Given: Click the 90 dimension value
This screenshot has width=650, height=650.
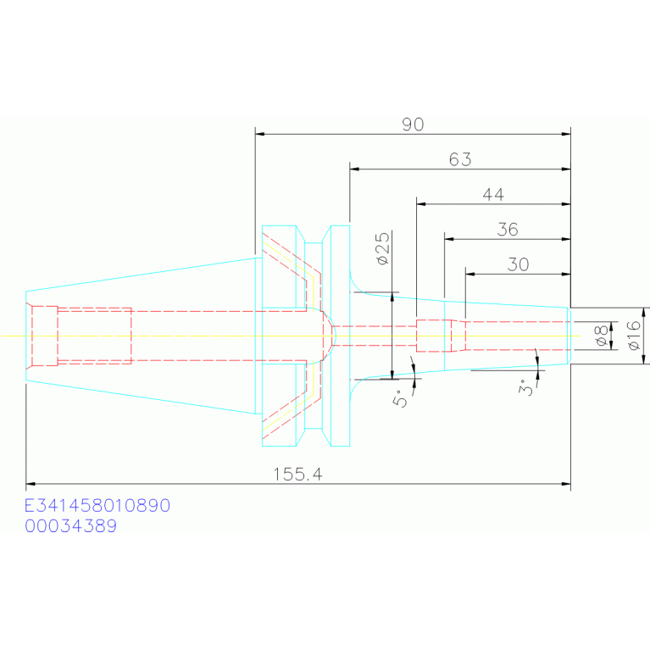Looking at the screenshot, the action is pyautogui.click(x=413, y=125).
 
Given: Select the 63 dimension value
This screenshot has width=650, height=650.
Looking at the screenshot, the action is pyautogui.click(x=460, y=159).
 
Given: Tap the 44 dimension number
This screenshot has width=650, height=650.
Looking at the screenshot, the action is pyautogui.click(x=493, y=194).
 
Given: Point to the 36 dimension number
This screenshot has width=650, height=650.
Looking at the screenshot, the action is pyautogui.click(x=508, y=230).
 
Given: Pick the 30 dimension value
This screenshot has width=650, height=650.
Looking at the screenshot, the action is pyautogui.click(x=518, y=264).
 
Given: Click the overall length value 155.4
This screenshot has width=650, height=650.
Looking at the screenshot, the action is pyautogui.click(x=297, y=475).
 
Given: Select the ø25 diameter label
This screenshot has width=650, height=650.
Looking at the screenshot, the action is pyautogui.click(x=383, y=248).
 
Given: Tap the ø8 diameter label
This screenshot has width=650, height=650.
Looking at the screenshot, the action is pyautogui.click(x=601, y=336).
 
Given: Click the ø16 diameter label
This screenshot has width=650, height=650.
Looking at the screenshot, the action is pyautogui.click(x=634, y=336).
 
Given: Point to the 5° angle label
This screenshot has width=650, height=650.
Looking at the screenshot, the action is pyautogui.click(x=400, y=398).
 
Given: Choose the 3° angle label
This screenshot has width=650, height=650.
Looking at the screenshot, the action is pyautogui.click(x=525, y=387).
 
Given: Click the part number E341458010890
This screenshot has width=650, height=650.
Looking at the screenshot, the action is pyautogui.click(x=97, y=506).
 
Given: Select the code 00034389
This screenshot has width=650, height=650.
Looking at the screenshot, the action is pyautogui.click(x=71, y=526).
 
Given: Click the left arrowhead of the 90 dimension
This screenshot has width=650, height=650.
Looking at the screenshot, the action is pyautogui.click(x=260, y=134).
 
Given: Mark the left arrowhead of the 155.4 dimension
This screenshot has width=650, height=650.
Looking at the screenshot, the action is pyautogui.click(x=31, y=484).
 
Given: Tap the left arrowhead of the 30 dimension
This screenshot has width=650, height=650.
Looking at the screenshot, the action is pyautogui.click(x=470, y=274).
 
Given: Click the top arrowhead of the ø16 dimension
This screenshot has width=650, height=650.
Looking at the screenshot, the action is pyautogui.click(x=644, y=312).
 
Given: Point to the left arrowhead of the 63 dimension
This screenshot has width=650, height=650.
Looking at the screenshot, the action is pyautogui.click(x=354, y=169).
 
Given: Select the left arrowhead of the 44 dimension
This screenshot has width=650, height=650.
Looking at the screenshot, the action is pyautogui.click(x=421, y=204).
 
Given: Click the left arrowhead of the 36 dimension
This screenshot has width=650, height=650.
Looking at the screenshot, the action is pyautogui.click(x=449, y=239).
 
